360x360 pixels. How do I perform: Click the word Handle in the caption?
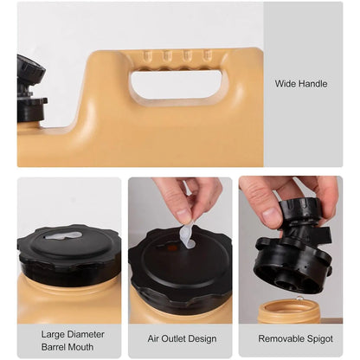coord(313,84)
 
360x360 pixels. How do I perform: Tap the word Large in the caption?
coord(54,335)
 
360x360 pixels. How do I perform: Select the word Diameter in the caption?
coord(86,334)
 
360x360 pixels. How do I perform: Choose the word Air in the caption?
coord(153,338)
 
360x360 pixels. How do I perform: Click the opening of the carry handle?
coord(177,84)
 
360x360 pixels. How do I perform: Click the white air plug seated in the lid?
coord(63,236)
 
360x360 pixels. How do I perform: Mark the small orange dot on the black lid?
coord(173,247)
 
